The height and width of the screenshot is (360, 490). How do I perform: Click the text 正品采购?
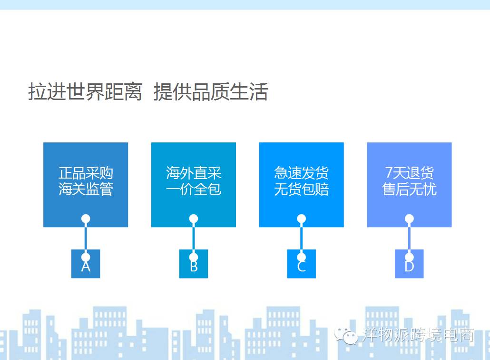click(x=86, y=173)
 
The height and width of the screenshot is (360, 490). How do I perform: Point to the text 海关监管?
click(x=86, y=189)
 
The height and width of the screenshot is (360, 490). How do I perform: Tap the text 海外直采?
click(x=194, y=173)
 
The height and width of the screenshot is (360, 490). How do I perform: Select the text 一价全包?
click(x=194, y=189)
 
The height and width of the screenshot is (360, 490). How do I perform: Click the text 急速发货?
click(x=301, y=173)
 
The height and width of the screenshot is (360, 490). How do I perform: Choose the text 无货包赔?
click(x=301, y=189)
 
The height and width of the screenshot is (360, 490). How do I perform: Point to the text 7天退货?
click(x=409, y=173)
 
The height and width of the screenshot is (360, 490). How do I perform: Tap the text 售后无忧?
click(x=409, y=189)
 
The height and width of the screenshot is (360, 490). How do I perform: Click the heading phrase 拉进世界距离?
click(x=85, y=92)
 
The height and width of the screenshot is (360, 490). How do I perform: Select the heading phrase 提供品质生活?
click(x=211, y=92)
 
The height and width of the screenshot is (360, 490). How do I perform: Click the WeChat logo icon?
click(x=346, y=336)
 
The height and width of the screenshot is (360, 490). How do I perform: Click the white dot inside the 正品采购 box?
click(x=86, y=219)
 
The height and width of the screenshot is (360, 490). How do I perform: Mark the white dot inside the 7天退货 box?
click(x=409, y=219)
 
